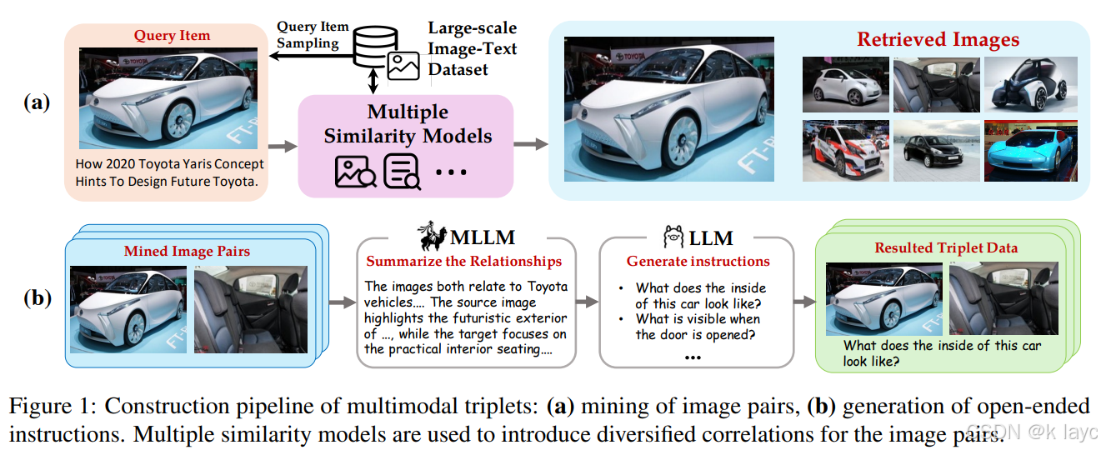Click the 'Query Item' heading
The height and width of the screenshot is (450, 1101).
pyautogui.click(x=173, y=36)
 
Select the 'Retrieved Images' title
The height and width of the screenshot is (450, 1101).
pyautogui.click(x=938, y=39)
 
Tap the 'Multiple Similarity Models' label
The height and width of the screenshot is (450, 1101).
pyautogui.click(x=408, y=124)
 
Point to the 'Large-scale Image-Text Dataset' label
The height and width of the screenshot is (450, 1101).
pyautogui.click(x=472, y=49)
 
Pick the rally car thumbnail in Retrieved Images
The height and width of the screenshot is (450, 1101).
pyautogui.click(x=842, y=151)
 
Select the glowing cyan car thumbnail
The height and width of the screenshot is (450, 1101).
pyautogui.click(x=1029, y=151)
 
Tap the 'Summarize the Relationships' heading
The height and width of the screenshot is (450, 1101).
pyautogui.click(x=464, y=262)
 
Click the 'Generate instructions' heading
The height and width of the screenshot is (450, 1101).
pyautogui.click(x=698, y=262)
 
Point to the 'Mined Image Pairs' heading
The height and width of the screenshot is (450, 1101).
pyautogui.click(x=187, y=251)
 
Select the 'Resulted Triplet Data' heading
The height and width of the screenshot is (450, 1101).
pyautogui.click(x=946, y=247)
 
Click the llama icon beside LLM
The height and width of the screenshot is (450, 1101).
pyautogui.click(x=673, y=237)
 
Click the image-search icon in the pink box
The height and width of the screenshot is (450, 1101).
pyautogui.click(x=355, y=171)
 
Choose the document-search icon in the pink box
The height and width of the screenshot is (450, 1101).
pyautogui.click(x=401, y=171)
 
